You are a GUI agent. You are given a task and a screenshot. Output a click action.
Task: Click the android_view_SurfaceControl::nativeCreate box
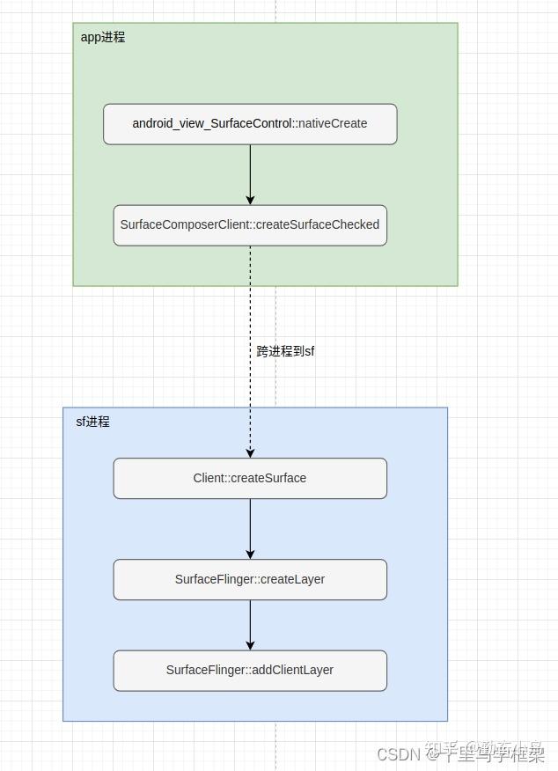click(250, 124)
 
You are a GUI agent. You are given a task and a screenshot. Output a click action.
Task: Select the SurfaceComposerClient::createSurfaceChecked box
click(250, 225)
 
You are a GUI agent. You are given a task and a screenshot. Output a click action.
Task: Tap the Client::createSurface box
click(250, 478)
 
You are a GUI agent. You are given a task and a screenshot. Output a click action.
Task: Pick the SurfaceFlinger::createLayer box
click(250, 579)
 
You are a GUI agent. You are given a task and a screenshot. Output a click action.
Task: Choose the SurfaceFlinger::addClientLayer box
click(250, 670)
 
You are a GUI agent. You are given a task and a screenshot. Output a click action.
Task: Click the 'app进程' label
click(103, 38)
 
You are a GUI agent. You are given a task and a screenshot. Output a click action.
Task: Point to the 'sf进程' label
click(92, 422)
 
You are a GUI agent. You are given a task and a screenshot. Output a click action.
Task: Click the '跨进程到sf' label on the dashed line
click(285, 351)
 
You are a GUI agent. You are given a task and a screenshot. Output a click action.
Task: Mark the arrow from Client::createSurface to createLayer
click(250, 528)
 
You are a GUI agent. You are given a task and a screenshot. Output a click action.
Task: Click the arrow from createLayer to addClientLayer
click(250, 625)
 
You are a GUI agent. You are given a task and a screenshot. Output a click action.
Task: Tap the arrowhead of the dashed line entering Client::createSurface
click(250, 452)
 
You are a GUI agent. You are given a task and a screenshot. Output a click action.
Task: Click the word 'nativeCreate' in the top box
click(333, 124)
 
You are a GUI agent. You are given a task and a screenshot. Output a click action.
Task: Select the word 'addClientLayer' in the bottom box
click(292, 670)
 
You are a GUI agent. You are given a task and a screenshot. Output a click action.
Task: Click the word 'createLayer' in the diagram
click(293, 579)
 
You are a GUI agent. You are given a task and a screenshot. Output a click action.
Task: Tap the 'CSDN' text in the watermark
click(395, 754)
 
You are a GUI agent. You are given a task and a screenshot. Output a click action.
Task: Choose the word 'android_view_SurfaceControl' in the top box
click(212, 124)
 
